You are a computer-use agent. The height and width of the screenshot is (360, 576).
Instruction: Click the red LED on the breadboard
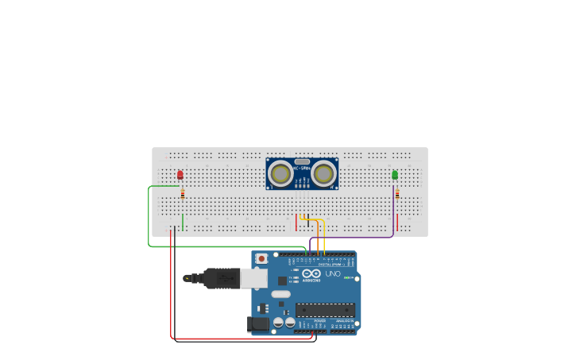(x=180, y=175)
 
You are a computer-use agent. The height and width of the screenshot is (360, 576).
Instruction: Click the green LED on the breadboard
(x=395, y=175)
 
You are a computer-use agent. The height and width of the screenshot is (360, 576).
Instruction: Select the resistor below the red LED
(x=182, y=193)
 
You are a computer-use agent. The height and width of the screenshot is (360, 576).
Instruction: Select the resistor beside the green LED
(x=396, y=193)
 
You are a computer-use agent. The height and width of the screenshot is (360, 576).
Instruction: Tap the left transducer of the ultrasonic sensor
(x=280, y=172)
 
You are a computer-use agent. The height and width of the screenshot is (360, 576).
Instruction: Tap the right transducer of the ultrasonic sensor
(x=323, y=172)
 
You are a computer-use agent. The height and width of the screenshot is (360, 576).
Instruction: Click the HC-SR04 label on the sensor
(x=302, y=168)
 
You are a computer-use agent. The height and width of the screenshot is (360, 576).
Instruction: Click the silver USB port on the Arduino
(x=253, y=277)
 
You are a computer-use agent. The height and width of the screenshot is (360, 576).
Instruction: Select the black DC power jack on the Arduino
(x=257, y=323)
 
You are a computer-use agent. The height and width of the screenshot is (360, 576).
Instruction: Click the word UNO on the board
(x=333, y=274)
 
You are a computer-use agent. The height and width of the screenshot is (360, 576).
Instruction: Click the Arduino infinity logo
(x=311, y=273)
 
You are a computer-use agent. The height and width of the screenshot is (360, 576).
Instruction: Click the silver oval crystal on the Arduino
(x=280, y=294)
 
